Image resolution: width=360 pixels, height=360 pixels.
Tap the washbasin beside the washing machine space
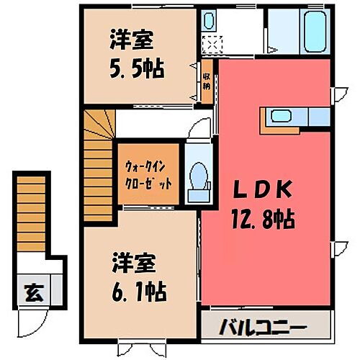point(209,21)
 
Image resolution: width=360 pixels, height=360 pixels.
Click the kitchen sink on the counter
point(279,117)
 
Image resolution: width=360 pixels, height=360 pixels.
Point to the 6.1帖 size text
point(140,292)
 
